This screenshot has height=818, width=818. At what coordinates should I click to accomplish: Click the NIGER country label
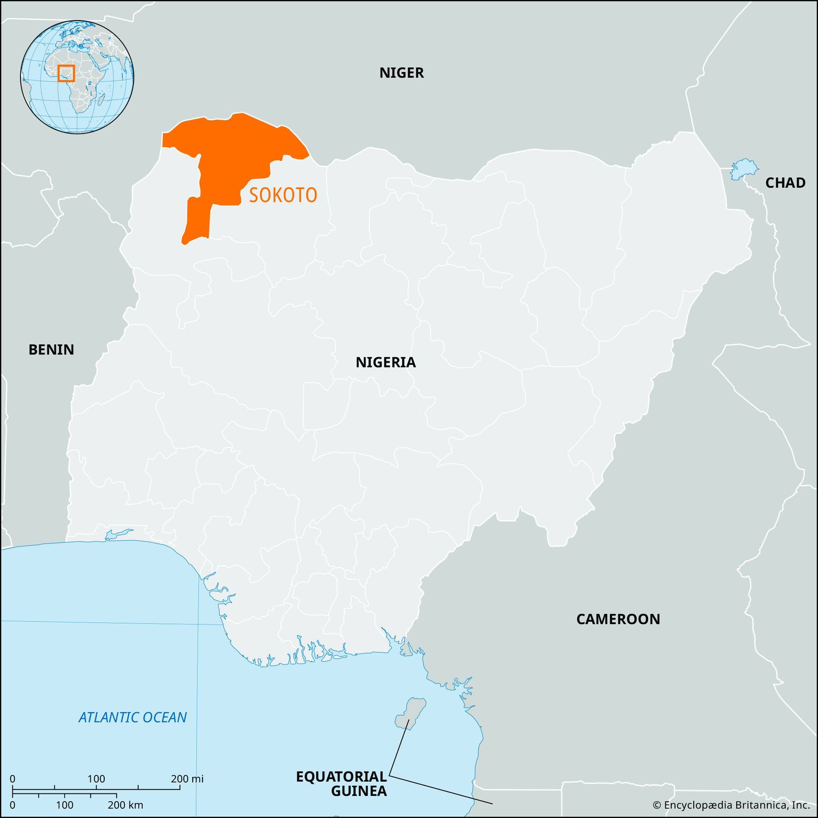click(401, 73)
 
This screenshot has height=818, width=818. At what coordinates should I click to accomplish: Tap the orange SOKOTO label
click(283, 195)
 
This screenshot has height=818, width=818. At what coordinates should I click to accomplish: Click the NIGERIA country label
click(385, 362)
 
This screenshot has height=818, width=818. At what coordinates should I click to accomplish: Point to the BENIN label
click(51, 350)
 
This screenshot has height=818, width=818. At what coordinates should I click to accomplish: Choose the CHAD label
click(785, 183)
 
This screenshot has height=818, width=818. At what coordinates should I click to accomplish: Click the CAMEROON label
click(618, 619)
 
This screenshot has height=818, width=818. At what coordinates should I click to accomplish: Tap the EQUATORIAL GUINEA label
click(342, 784)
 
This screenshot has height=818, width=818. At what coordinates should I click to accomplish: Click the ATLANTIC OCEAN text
click(132, 717)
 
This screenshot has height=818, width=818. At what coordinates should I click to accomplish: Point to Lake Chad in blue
click(743, 169)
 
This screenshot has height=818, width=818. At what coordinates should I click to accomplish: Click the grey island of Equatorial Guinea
click(410, 714)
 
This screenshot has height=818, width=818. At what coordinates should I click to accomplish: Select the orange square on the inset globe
click(66, 73)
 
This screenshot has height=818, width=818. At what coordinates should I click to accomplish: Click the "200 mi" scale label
click(187, 779)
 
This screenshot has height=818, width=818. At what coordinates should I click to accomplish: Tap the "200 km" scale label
click(125, 805)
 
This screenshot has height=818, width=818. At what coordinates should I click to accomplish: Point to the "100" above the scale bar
click(96, 779)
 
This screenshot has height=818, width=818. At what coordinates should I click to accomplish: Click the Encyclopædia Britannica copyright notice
click(731, 805)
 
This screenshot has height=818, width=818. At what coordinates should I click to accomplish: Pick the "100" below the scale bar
click(64, 805)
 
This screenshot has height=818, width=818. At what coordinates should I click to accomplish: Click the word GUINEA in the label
click(358, 791)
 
